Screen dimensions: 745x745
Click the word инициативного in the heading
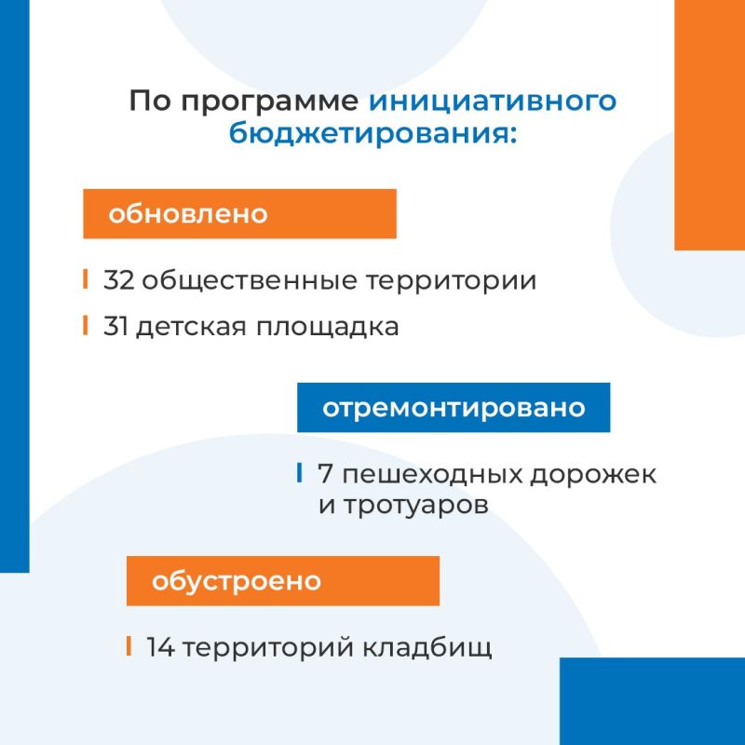(x=493, y=102)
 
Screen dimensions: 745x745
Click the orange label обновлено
(x=239, y=214)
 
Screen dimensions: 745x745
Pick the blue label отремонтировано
(x=454, y=407)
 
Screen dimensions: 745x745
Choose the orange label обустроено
(x=283, y=580)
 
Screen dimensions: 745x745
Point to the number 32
(x=119, y=280)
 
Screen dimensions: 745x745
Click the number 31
(x=115, y=327)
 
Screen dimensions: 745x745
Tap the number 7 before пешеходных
(x=325, y=474)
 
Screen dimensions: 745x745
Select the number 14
(x=160, y=647)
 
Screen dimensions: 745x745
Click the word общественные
(x=250, y=281)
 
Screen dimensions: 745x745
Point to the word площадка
(x=328, y=328)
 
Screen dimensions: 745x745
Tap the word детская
(x=192, y=328)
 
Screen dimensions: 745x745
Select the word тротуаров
(x=415, y=506)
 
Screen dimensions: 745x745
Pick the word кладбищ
(x=427, y=647)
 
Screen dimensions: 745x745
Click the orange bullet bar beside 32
(x=86, y=278)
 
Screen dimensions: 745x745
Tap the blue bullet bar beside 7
(x=299, y=473)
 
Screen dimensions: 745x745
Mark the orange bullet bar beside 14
(x=129, y=646)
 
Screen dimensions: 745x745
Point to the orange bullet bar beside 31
(x=86, y=325)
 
